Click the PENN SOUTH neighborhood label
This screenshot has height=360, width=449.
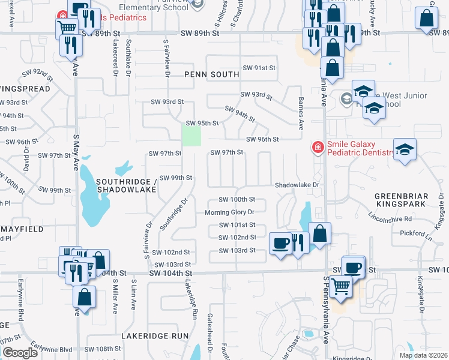pos(211,74)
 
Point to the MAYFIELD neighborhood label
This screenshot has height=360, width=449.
pos(20,229)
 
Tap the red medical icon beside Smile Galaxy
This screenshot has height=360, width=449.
pos(317,147)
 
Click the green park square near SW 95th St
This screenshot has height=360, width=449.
pos(191,135)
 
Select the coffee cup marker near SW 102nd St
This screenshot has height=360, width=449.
pos(280,243)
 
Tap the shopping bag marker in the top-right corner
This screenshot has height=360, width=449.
pos(426,18)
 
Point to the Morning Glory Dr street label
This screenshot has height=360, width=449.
pos(230,212)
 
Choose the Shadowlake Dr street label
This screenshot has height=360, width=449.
pos(297,185)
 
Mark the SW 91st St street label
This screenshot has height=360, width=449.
pos(259,68)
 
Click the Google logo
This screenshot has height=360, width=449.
pos(20,353)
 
